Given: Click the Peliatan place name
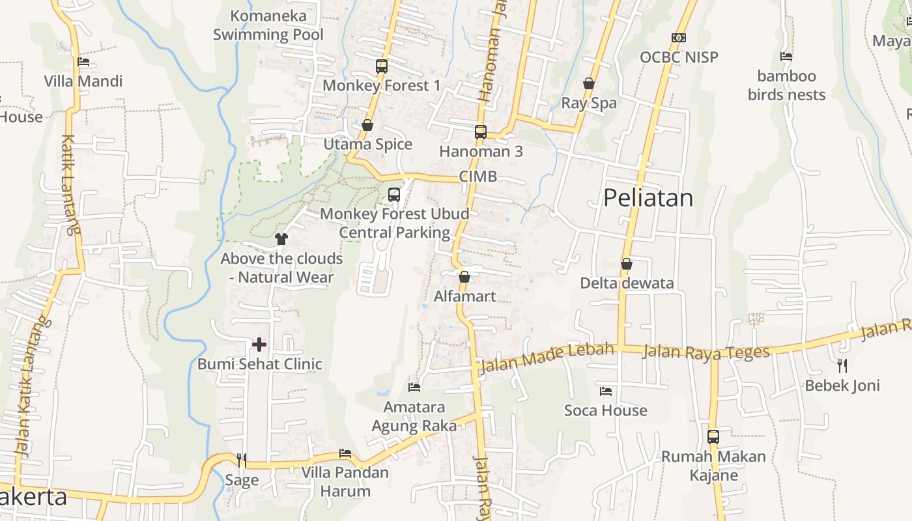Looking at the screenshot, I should (648, 197).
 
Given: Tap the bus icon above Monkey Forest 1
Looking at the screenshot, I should (381, 66).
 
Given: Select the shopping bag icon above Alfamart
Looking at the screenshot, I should (464, 277).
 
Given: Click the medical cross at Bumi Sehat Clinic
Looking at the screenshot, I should (259, 344).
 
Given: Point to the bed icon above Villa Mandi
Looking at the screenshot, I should (83, 63).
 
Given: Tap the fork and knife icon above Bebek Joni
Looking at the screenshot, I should (842, 365).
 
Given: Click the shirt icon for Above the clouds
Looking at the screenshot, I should (281, 239).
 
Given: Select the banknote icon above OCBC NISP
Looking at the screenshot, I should (679, 38).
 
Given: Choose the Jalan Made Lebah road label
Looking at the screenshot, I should (547, 359).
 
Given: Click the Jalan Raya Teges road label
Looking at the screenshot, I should (706, 352).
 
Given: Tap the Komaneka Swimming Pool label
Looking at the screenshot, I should (268, 25).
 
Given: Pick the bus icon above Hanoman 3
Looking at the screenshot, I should (481, 132).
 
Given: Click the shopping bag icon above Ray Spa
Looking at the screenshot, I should (589, 83).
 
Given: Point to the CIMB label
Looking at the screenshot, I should (478, 176).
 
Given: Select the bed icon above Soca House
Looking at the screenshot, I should (606, 391).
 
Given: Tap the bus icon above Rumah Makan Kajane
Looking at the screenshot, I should (713, 437).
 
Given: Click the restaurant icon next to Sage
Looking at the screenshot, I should (242, 460).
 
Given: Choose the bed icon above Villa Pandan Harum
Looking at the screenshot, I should (345, 453).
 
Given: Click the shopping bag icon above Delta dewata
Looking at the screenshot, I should (627, 264).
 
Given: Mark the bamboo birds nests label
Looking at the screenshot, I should (786, 85).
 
